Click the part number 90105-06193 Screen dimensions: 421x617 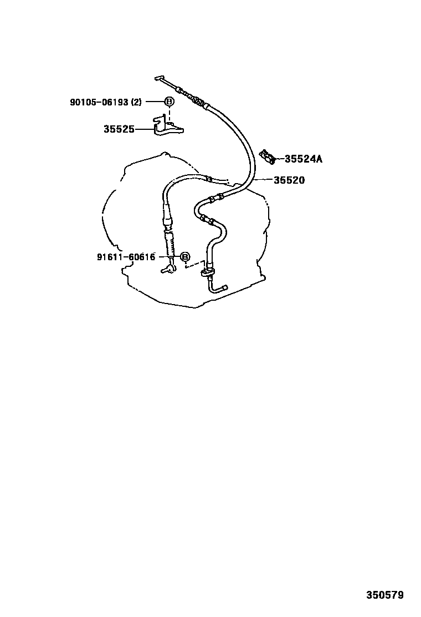(99, 102)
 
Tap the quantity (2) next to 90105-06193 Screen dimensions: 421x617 (136, 102)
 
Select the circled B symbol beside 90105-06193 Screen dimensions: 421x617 (170, 102)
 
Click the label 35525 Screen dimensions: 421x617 (119, 129)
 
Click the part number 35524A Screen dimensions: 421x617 (303, 159)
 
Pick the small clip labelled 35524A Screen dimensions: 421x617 (268, 156)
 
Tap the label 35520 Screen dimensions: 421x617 (289, 180)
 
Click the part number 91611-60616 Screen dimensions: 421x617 (126, 257)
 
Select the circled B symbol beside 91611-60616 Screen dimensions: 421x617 (185, 257)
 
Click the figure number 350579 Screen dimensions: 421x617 (385, 595)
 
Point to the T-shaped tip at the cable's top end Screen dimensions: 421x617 (158, 78)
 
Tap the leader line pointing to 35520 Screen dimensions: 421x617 (263, 180)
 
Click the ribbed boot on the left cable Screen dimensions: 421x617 (169, 242)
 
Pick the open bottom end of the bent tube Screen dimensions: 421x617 (225, 287)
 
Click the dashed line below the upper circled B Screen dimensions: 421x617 (170, 114)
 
